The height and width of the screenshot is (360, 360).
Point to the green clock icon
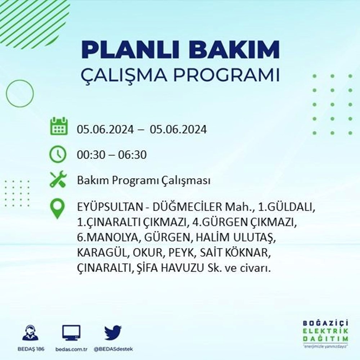coord(58,154)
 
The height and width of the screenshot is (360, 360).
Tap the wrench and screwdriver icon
coord(58,179)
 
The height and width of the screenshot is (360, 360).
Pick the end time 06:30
coord(132,155)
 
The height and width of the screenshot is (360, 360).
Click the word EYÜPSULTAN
coord(109,207)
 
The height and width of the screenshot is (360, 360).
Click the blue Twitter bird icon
coord(113,332)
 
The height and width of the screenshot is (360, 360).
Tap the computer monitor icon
coord(71,333)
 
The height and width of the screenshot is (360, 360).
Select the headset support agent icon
coord(31,332)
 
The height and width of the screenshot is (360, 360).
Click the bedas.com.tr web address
coord(71,349)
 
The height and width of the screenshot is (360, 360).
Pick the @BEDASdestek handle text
coord(113,349)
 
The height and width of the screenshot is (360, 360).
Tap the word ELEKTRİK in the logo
coord(325,331)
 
